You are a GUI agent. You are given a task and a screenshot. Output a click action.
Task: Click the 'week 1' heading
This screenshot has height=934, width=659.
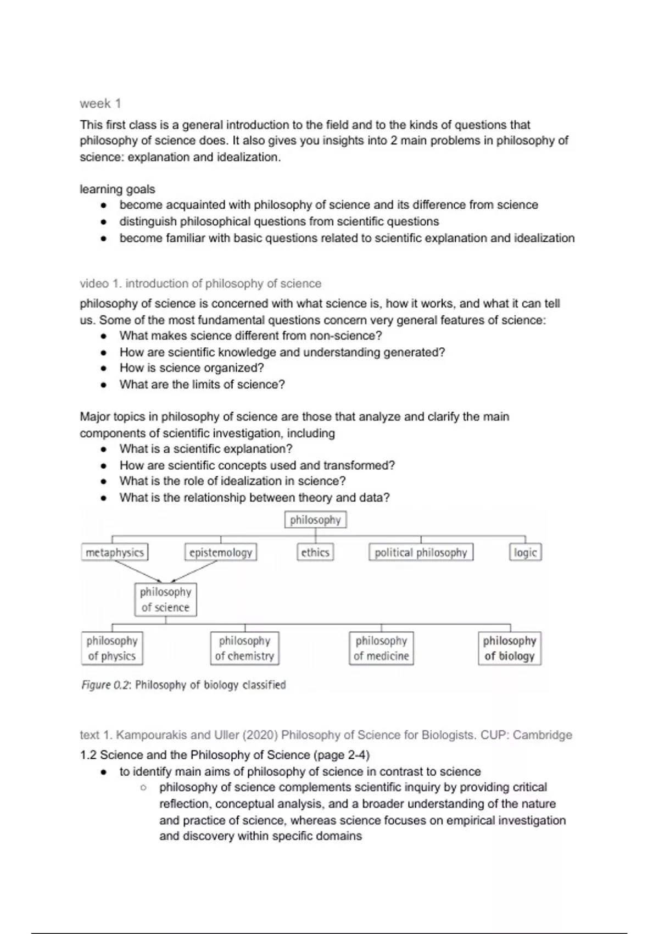coord(100,103)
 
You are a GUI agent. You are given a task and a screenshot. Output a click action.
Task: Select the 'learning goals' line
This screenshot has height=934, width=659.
coord(117,189)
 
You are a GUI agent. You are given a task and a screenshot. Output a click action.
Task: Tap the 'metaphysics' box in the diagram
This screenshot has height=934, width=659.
coord(115,553)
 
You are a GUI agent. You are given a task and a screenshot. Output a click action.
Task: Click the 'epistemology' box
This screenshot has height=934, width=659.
coord(220,553)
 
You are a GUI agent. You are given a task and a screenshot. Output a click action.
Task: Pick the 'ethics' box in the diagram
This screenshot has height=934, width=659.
coord(315,553)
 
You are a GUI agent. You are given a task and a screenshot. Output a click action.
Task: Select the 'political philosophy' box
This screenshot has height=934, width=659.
coord(421,553)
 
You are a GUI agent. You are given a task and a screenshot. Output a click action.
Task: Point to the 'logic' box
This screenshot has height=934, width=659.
coord(525,553)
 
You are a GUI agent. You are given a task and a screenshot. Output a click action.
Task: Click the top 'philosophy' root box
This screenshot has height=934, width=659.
coord(315,520)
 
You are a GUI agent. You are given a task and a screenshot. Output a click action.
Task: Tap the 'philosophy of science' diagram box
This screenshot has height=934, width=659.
coord(165,599)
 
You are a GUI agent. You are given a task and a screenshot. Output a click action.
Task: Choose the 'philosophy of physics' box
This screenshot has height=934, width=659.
coord(112,648)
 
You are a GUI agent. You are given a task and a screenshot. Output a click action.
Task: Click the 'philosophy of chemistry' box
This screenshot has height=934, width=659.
coord(244,648)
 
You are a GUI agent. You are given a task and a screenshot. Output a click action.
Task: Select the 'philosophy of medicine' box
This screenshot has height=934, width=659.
coord(381,648)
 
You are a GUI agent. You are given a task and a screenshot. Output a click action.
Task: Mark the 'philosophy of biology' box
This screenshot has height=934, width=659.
coord(510,648)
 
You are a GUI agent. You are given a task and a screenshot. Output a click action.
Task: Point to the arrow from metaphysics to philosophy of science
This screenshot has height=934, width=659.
coord(137,571)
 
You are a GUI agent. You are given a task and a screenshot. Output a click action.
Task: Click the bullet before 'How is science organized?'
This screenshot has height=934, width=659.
coord(103,369)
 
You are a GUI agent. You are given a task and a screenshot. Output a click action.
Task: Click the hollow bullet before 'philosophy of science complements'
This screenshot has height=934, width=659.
coord(143,788)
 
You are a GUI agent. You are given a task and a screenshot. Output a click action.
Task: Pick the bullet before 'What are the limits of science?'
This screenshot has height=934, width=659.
coord(103,385)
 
